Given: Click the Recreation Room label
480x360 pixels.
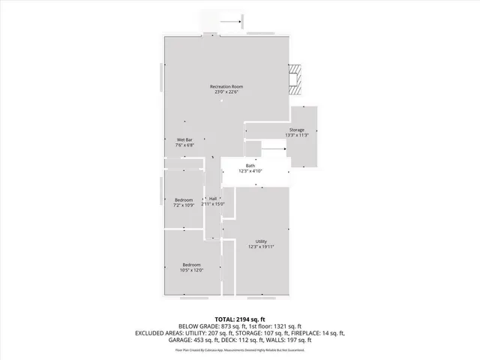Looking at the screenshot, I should click(226, 86).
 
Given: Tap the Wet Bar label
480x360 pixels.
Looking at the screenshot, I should click(184, 140).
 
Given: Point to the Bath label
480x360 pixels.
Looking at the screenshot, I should click(250, 166).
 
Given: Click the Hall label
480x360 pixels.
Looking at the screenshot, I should click(213, 198).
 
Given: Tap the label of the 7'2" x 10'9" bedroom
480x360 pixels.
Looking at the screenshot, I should click(184, 199).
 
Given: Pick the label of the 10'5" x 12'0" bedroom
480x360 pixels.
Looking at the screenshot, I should click(191, 265).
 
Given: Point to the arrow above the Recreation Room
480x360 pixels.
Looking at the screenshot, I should click(231, 22).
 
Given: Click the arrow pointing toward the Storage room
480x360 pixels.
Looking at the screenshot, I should click(274, 148).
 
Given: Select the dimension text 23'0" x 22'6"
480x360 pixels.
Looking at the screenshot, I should click(226, 92).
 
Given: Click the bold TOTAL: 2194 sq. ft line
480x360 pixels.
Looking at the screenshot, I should click(240, 319).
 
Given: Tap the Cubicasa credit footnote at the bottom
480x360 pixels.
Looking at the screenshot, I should click(240, 349).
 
